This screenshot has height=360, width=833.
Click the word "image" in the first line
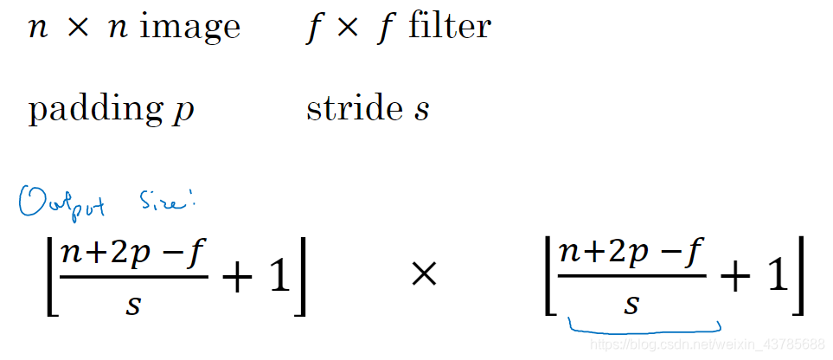pos(190,27)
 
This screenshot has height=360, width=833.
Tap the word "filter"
pos(450,26)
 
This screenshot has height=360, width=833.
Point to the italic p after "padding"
pos(183,112)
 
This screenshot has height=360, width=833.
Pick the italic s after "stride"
pos(421,111)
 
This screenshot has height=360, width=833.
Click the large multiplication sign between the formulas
pos(423,276)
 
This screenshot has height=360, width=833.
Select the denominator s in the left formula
pos(132,305)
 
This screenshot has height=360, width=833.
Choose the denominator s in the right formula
pos(632,305)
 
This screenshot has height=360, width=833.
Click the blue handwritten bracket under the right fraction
pos(644,327)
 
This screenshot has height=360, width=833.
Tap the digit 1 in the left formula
pos(279,276)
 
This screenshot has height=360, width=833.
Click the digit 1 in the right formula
pos(778,276)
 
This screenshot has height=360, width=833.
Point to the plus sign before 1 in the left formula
pos(237,277)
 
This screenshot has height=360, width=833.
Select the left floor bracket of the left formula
pos(49,276)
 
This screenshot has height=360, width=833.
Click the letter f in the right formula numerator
pos(697,255)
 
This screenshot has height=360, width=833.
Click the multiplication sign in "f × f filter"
pos(346,27)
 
